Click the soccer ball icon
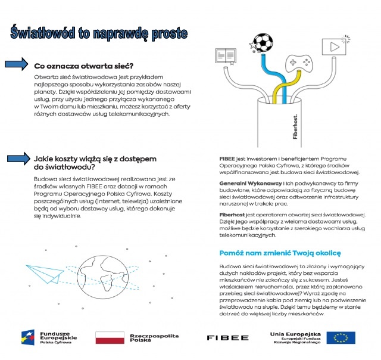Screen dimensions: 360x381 tap(262, 42)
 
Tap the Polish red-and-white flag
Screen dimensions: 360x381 tap(109, 337)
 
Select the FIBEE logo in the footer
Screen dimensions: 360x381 tap(227, 338)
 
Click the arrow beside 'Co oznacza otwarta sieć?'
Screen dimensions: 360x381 tap(17, 64)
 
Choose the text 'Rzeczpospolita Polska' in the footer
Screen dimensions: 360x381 tap(153, 338)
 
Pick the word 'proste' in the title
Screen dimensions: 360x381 tap(168, 33)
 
